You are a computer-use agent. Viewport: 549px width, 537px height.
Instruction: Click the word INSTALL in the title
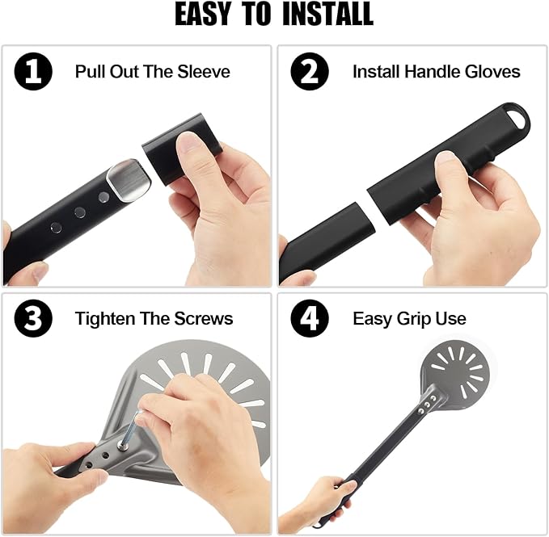(327, 14)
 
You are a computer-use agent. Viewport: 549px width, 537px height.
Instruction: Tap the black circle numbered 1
(33, 71)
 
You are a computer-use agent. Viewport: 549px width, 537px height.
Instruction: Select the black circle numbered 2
(310, 71)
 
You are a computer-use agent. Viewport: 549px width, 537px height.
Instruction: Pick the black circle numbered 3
(33, 318)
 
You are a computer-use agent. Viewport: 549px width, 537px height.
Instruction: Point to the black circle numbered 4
(310, 318)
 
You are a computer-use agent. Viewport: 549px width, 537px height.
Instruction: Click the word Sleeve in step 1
(204, 71)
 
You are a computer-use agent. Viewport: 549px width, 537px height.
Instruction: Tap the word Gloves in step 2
(492, 71)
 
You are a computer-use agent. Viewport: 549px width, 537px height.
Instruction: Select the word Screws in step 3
(204, 318)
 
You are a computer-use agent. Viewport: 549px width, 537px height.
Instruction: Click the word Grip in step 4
(416, 319)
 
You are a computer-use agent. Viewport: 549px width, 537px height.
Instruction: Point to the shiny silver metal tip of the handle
(129, 180)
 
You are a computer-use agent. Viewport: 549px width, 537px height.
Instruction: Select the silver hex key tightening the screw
(131, 428)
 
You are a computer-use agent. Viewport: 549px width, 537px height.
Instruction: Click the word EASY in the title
(203, 14)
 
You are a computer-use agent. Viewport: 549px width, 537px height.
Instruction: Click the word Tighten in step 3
(105, 319)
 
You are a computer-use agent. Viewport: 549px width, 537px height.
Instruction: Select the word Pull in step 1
(90, 71)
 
